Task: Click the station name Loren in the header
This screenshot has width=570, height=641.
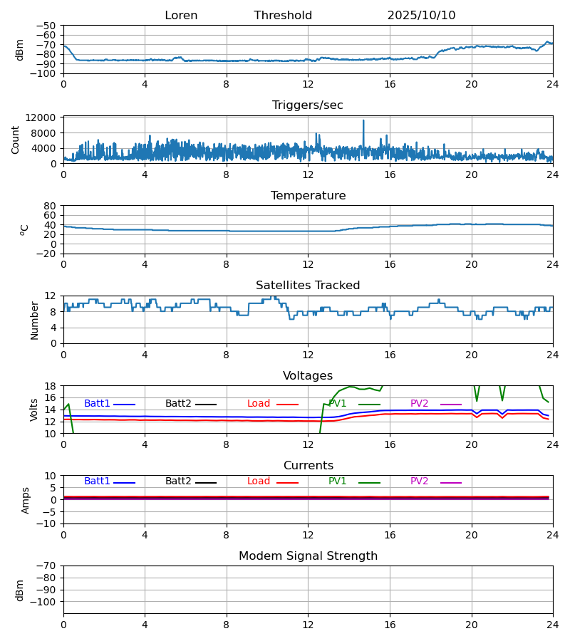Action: point(181,16)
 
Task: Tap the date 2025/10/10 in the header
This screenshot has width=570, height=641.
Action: point(421,16)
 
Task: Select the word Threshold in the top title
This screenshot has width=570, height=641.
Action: point(283,16)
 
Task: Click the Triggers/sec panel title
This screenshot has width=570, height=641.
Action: point(308,105)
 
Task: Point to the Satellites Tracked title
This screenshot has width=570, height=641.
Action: point(308,286)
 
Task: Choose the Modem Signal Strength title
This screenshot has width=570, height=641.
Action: point(308,556)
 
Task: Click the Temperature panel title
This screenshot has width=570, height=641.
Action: point(308,196)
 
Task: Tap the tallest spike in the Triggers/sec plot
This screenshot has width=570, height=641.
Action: point(363,121)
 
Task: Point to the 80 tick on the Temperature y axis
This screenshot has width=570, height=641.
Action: point(50,206)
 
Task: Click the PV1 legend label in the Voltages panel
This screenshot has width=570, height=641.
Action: point(338,404)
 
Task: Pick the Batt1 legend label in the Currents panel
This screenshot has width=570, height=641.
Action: point(97,481)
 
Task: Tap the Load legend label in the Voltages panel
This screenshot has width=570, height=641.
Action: point(259,404)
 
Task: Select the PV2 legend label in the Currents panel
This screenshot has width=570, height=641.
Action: point(419,481)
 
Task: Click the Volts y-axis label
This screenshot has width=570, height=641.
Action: point(34,410)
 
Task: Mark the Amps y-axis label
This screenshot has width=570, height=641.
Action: point(26,500)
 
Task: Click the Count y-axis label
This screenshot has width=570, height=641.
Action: point(16,140)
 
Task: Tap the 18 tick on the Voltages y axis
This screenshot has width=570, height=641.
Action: point(50,386)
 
